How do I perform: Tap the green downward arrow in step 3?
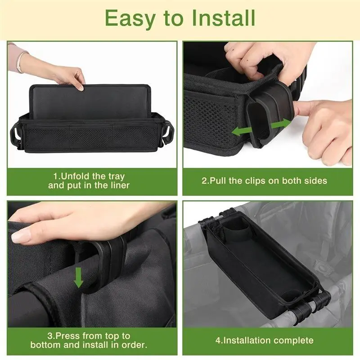coord(79,278)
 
